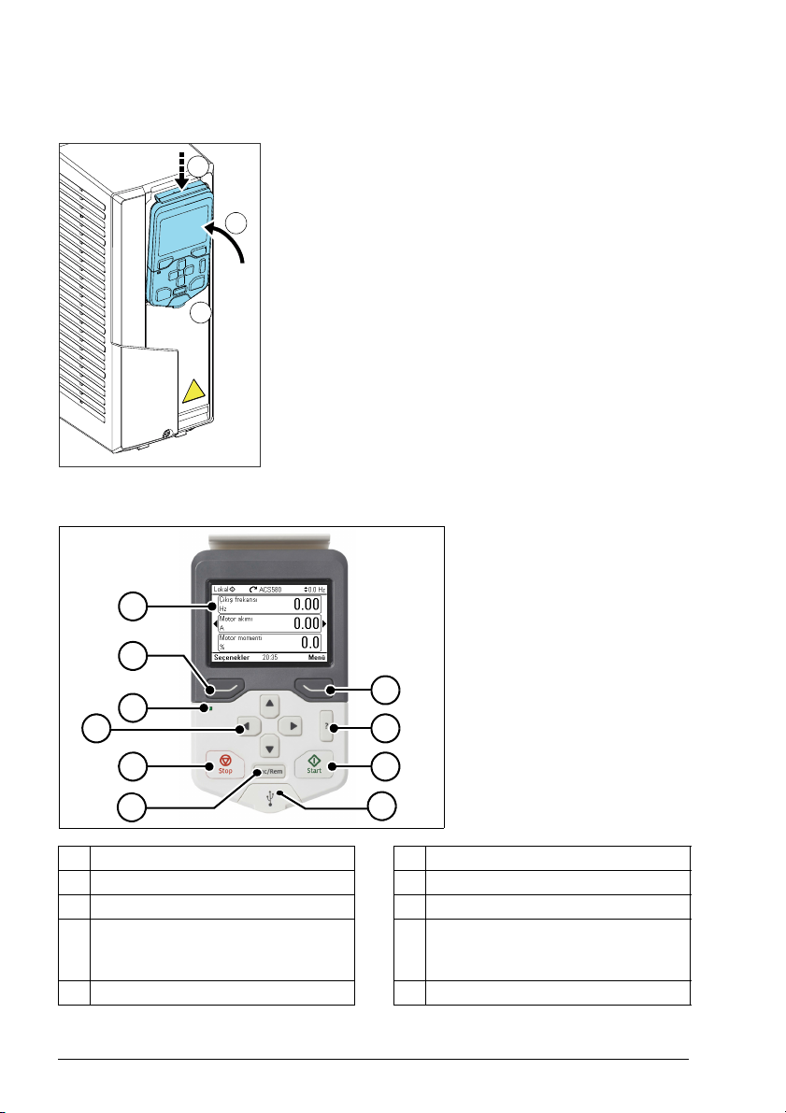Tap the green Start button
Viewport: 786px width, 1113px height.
coord(315,766)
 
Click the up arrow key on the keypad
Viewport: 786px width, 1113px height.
coord(269,704)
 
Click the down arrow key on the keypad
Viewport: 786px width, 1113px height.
coord(269,747)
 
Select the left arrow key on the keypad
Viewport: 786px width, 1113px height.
coord(247,725)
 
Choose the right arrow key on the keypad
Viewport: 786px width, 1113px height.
coord(292,725)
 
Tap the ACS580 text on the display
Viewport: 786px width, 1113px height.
coord(272,590)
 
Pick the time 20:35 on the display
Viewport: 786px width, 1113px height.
coord(271,657)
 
